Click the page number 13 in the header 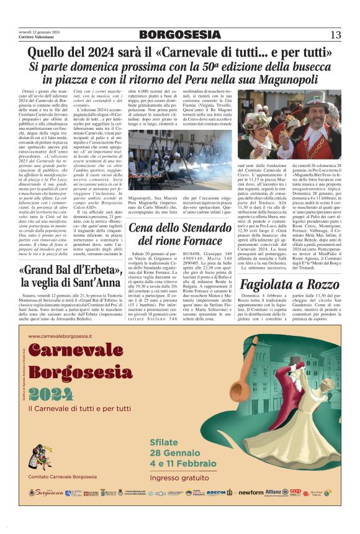(x=335, y=35)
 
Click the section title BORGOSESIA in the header (x=179, y=35)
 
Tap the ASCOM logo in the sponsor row (x=217, y=492)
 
